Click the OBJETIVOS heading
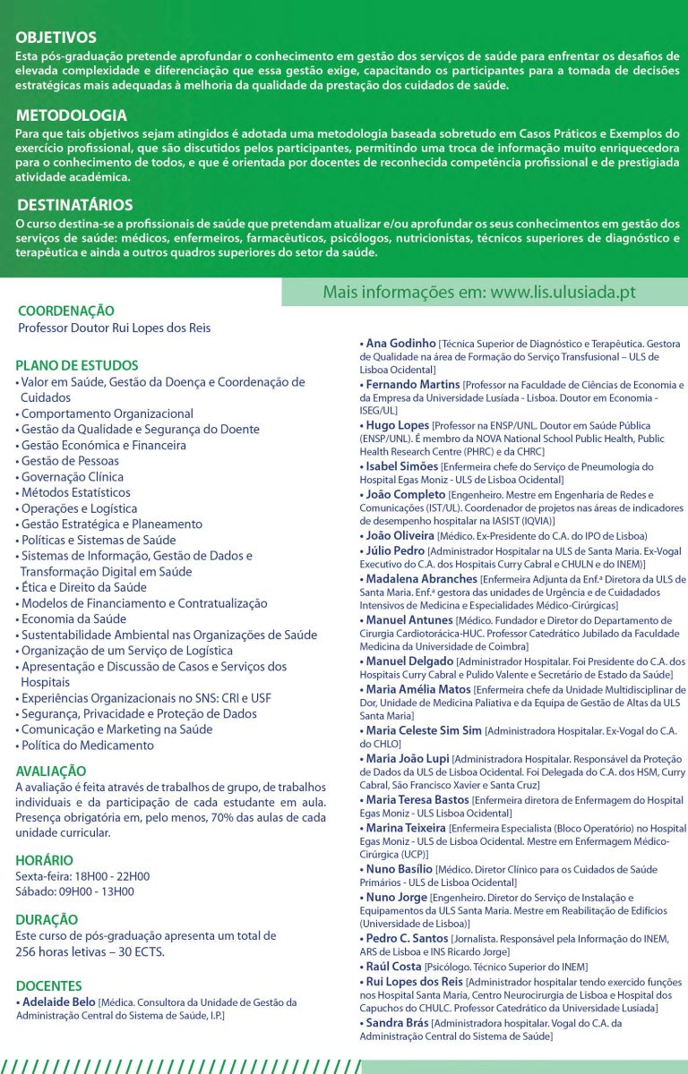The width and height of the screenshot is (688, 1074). coord(56,38)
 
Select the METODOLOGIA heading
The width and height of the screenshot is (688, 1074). coord(71,115)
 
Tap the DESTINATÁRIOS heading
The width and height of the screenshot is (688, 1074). coord(74,204)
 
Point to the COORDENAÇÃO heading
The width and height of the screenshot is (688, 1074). coord(66,311)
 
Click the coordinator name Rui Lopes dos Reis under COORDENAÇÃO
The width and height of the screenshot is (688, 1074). coord(115,328)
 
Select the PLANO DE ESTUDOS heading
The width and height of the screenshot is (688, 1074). coord(77,365)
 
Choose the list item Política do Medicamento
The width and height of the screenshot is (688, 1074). coord(87,746)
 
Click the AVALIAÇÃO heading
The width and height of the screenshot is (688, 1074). coord(51,771)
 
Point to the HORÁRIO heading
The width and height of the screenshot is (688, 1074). coord(44,860)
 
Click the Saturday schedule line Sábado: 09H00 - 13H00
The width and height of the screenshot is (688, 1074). coord(75,891)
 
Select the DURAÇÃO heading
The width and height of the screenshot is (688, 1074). coord(47,919)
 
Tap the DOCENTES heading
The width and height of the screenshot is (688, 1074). coord(48,985)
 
